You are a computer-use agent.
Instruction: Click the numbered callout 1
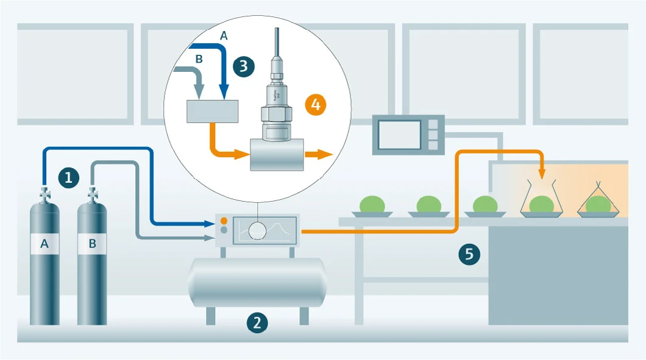point(68,178)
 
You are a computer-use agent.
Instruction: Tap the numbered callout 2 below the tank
point(257,322)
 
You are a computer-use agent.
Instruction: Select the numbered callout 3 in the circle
point(243,66)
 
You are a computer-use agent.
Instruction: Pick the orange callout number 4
point(315,104)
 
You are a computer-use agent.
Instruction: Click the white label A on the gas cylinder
point(44,244)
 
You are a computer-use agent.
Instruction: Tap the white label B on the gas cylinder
point(92,244)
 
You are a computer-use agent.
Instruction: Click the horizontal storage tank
point(257,282)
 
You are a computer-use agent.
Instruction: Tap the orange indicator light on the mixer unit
point(224,220)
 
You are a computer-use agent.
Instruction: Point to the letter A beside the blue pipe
point(224,36)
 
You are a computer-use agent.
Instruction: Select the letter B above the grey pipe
point(198,59)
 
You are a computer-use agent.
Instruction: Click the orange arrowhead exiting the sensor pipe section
point(326,154)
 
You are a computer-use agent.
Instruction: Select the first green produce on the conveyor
point(372,204)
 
